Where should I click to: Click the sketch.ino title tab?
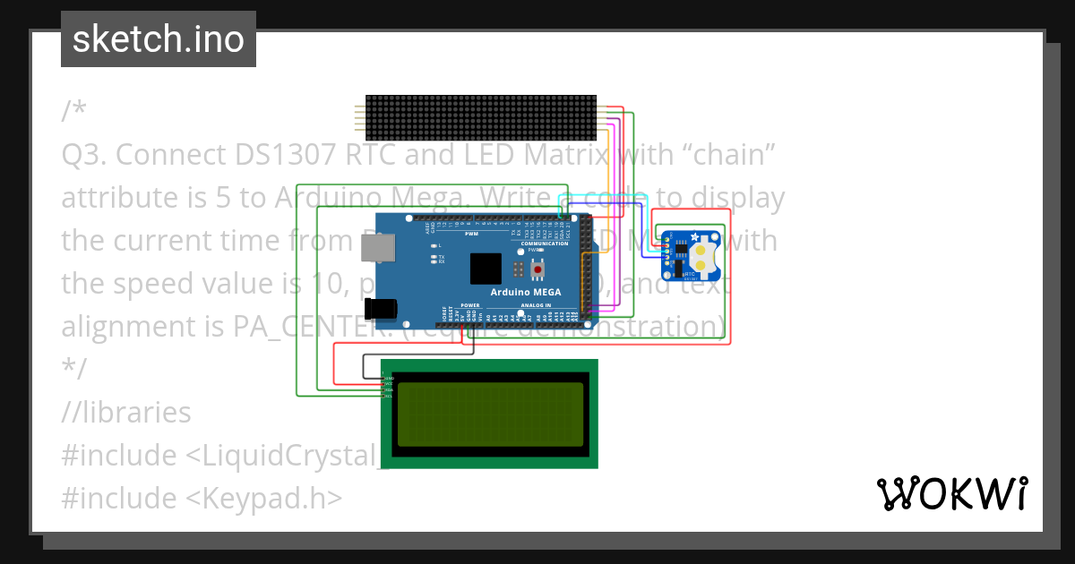point(159,39)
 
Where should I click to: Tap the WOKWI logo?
point(952,493)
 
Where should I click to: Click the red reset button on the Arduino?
point(537,269)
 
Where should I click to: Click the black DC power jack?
point(383,307)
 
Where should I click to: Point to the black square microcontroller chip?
point(486,269)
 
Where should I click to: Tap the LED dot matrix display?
point(481,115)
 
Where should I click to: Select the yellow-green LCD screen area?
point(489,413)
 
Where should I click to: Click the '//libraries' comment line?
point(126,413)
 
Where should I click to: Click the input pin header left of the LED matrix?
point(359,115)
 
